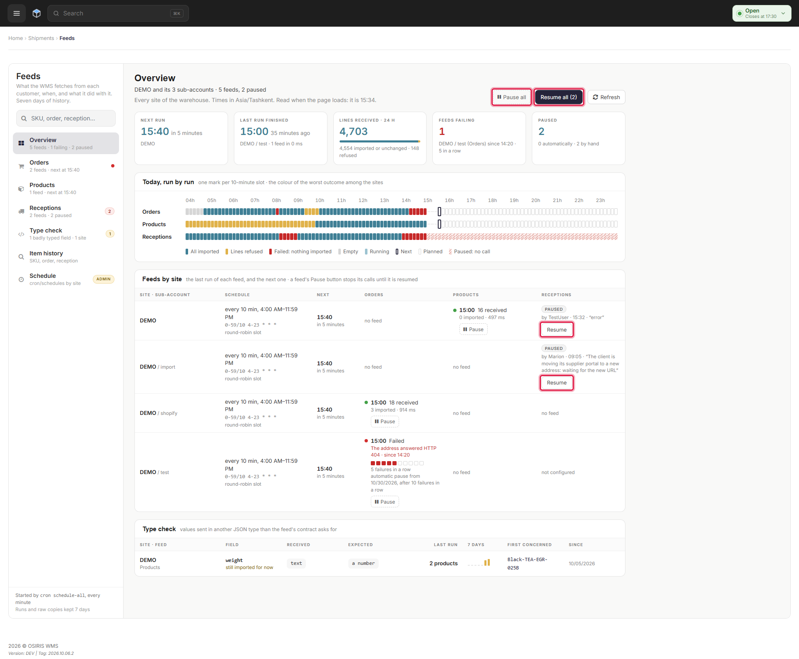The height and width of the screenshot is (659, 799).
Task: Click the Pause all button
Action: (511, 97)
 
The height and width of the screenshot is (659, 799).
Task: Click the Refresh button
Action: (606, 97)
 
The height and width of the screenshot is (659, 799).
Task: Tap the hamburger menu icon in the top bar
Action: (17, 13)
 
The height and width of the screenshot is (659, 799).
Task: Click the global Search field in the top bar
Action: (118, 13)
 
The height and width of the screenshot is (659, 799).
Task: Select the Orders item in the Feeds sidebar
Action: (66, 166)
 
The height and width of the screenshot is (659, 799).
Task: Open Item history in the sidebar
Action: (66, 257)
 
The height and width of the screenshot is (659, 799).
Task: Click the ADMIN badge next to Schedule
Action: (104, 279)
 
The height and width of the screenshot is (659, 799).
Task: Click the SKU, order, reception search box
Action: (66, 118)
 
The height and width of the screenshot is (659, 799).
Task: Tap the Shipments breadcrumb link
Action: (41, 38)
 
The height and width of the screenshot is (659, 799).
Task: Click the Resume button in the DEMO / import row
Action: (557, 383)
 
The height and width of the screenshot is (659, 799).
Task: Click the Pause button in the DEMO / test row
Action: (385, 502)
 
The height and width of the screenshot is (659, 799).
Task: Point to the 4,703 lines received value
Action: (353, 132)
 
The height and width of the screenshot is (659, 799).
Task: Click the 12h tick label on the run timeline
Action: (363, 200)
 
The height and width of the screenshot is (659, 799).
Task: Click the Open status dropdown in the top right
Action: (762, 13)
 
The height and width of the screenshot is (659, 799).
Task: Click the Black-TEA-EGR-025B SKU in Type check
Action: (527, 564)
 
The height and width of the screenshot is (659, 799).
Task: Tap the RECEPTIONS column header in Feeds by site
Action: (556, 295)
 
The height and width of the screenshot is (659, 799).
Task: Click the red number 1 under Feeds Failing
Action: (442, 132)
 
